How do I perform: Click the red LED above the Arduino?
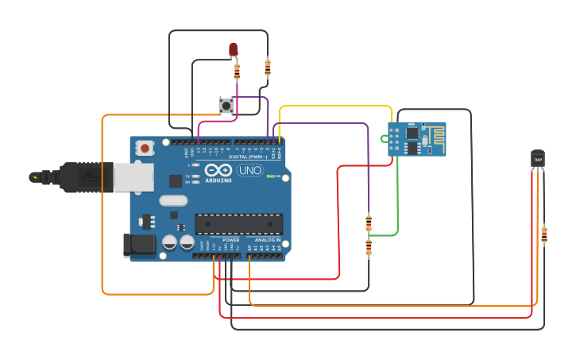coord(233,49)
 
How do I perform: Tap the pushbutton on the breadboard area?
coord(226,104)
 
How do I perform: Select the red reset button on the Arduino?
coord(145,148)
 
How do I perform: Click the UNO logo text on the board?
coord(249,170)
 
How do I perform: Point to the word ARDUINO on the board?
coord(218,180)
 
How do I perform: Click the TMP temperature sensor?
coord(538,159)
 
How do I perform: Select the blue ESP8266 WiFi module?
coord(417,139)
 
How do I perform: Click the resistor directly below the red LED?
coord(237,72)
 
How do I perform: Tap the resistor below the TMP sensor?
coord(544,234)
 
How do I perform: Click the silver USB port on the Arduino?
coord(133,177)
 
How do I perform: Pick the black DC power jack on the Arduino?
coord(138,245)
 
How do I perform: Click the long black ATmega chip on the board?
coord(238,224)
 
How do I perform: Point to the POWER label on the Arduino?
coord(230,240)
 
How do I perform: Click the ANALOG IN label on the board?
coord(267,240)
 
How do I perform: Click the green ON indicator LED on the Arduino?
coord(270,176)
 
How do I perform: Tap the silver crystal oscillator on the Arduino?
coord(173,200)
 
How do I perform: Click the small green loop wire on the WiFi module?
coord(384,139)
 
